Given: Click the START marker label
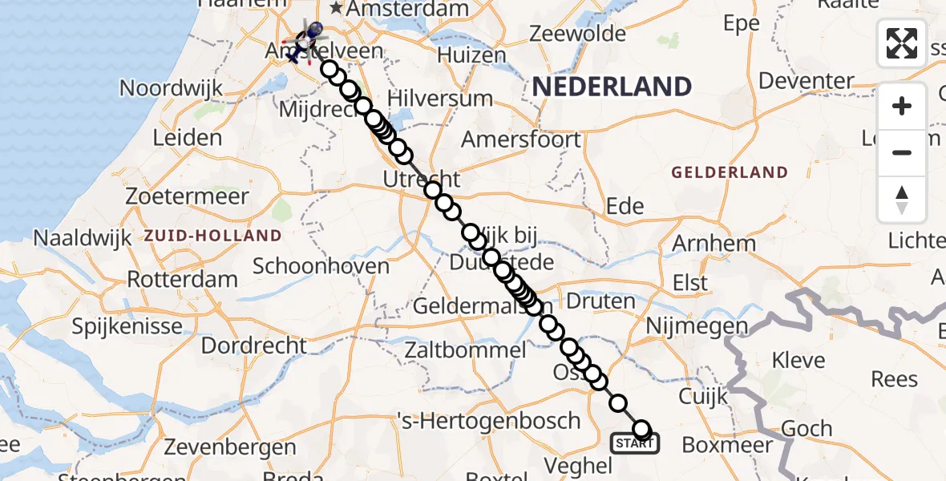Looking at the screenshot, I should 635,443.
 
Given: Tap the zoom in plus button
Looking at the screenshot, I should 902,106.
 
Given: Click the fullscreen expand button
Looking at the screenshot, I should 902,43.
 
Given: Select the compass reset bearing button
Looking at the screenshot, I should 902,199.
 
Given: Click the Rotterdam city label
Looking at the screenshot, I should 183,280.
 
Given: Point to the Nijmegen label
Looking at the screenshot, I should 696,326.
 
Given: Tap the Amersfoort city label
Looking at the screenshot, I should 521,139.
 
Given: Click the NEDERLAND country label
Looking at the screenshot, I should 612,87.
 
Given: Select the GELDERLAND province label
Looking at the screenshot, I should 730,172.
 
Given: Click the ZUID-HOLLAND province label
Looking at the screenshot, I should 213,236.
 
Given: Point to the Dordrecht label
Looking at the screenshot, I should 253,346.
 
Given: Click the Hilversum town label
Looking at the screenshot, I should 440,99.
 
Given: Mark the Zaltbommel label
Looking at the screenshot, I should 466,350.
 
